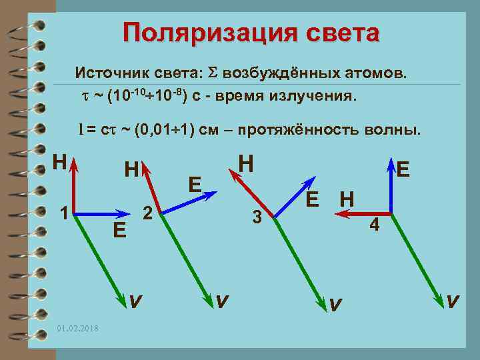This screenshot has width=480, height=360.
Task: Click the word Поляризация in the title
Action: pos(192,33)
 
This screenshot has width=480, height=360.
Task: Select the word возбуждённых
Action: pos(281,72)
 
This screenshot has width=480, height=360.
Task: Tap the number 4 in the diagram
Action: pos(375,225)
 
